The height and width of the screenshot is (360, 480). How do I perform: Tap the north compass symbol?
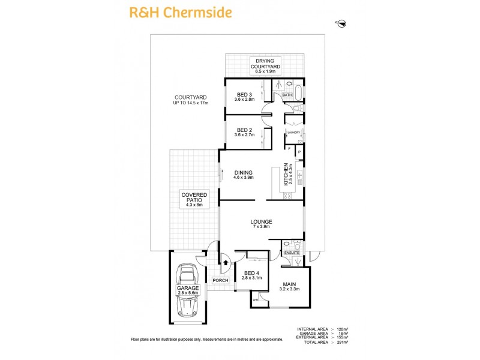pyautogui.click(x=342, y=23)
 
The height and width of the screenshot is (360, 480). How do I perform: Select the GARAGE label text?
pyautogui.click(x=188, y=288)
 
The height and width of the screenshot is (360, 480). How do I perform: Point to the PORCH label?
pyautogui.click(x=220, y=280)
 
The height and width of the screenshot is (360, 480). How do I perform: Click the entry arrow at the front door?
pyautogui.click(x=226, y=262)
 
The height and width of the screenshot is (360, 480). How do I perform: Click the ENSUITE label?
pyautogui.click(x=292, y=253)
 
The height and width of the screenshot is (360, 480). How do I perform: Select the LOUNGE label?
pyautogui.click(x=262, y=223)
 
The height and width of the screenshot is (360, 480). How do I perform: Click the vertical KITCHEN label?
pyautogui.click(x=287, y=174)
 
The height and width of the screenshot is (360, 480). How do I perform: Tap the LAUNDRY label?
pyautogui.click(x=293, y=132)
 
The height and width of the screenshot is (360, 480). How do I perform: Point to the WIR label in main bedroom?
pyautogui.click(x=256, y=299)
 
